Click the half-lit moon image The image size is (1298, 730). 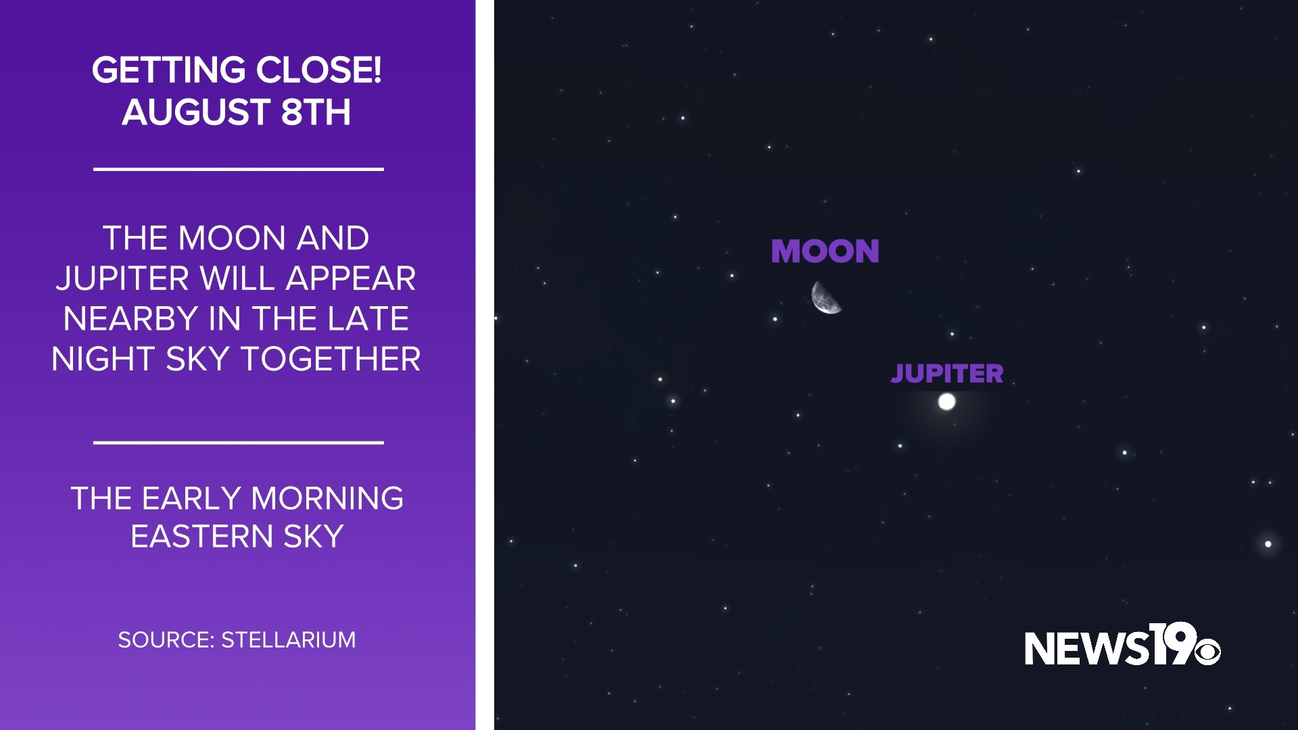click(x=826, y=297)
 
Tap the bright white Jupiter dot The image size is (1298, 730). click(x=946, y=402)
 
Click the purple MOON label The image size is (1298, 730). click(x=825, y=251)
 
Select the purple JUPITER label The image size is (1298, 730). click(x=946, y=373)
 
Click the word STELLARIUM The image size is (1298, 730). click(x=289, y=640)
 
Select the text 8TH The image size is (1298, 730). click(x=316, y=112)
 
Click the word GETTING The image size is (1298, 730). click(x=168, y=70)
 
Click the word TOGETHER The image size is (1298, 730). click(x=331, y=359)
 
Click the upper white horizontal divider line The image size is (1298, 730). click(x=238, y=169)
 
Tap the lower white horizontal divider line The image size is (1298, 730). click(x=238, y=443)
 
